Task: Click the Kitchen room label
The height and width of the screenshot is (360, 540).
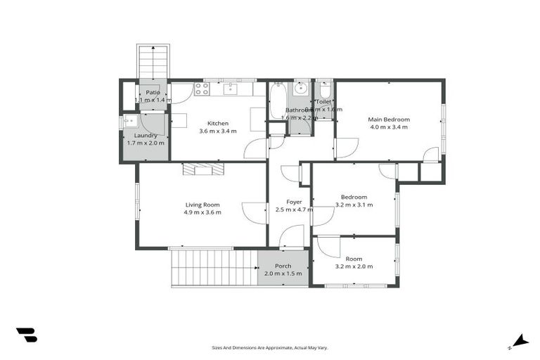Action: pyautogui.click(x=218, y=123)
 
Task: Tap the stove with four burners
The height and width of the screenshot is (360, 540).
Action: pyautogui.click(x=202, y=89)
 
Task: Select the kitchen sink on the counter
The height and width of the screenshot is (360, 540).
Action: pyautogui.click(x=230, y=89)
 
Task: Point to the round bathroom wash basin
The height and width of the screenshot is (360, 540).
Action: pyautogui.click(x=302, y=89)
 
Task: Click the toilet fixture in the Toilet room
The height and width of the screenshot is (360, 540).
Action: pyautogui.click(x=324, y=91)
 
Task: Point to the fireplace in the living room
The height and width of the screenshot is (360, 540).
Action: pyautogui.click(x=203, y=169)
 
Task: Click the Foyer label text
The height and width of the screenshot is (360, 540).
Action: pyautogui.click(x=289, y=202)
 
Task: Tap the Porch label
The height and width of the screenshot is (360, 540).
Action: pyautogui.click(x=283, y=266)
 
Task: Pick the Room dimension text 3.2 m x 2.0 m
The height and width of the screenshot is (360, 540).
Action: pyautogui.click(x=354, y=266)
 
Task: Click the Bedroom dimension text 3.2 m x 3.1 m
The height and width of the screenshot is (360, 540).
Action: pyautogui.click(x=354, y=205)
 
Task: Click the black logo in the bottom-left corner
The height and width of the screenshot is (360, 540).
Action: pyautogui.click(x=26, y=335)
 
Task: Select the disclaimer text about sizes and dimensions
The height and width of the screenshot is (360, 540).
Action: pyautogui.click(x=270, y=347)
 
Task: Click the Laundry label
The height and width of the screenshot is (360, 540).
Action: pyautogui.click(x=146, y=135)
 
